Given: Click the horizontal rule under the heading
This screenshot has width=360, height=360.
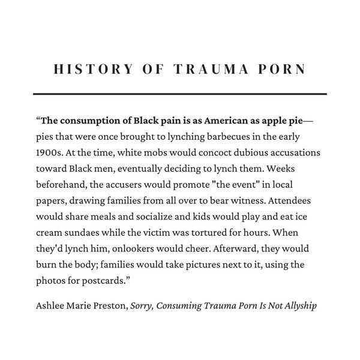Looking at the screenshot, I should [x=180, y=94].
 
